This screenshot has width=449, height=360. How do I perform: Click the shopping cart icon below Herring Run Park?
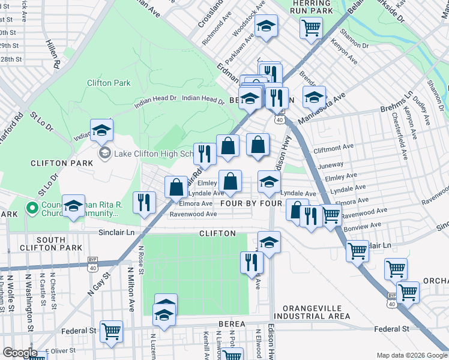pos(312,27)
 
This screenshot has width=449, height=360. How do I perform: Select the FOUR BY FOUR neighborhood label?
pos(251,203)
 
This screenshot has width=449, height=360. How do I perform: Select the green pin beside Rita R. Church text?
pos(31,208)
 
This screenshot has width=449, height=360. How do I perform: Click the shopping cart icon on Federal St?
pos(111,331)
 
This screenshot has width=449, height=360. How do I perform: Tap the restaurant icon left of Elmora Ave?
pos(144,202)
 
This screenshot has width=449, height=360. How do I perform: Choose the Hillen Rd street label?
pos(53,54)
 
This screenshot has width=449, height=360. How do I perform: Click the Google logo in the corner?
pos(20,353)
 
